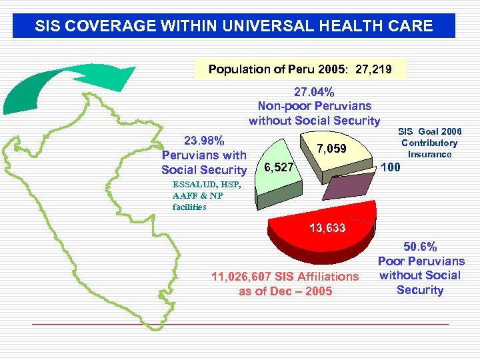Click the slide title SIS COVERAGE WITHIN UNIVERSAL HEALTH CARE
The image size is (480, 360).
click(234, 27)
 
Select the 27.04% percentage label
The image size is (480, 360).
click(314, 91)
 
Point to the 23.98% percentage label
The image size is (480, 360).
click(204, 141)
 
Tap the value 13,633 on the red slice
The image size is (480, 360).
click(327, 228)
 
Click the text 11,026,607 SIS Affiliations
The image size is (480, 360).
click(285, 276)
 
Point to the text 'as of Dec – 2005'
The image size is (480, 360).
click(285, 291)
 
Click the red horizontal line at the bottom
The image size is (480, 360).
click(240, 324)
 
